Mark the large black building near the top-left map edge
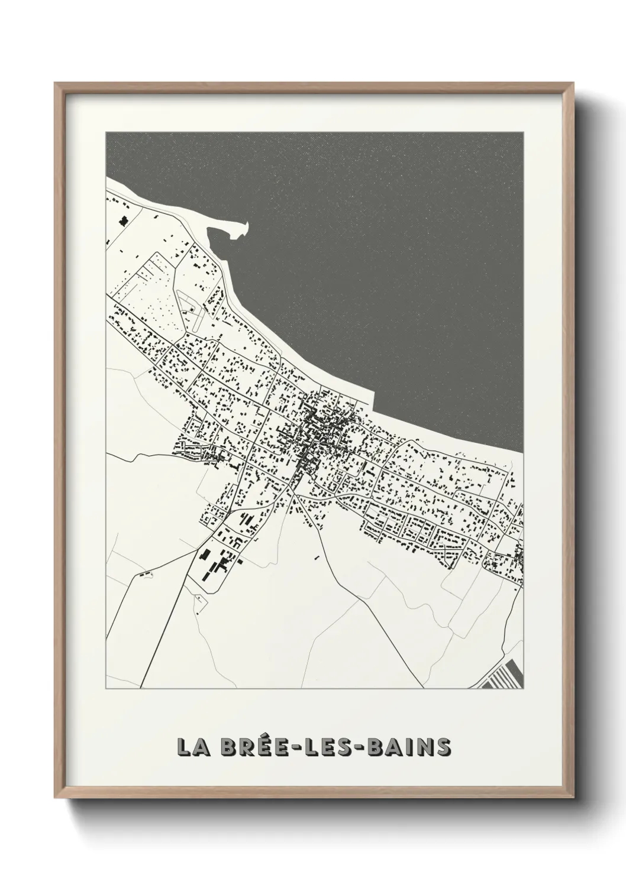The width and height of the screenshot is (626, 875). pos(124,221)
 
